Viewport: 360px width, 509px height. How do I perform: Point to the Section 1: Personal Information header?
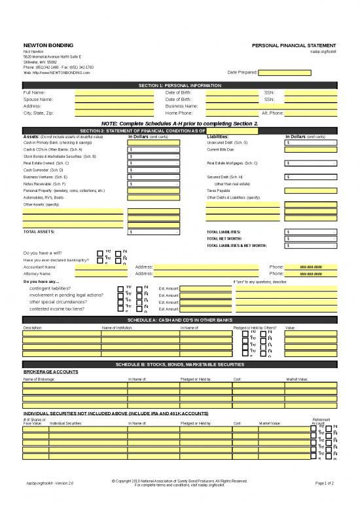(179, 86)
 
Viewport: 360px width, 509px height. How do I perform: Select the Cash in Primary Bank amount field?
(154, 142)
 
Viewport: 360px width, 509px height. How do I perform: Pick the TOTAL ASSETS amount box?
(154, 232)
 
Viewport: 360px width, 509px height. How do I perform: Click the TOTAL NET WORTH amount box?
(311, 239)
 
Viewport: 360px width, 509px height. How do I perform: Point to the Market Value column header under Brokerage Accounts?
(297, 379)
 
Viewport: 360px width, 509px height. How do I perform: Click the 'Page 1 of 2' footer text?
(325, 483)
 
